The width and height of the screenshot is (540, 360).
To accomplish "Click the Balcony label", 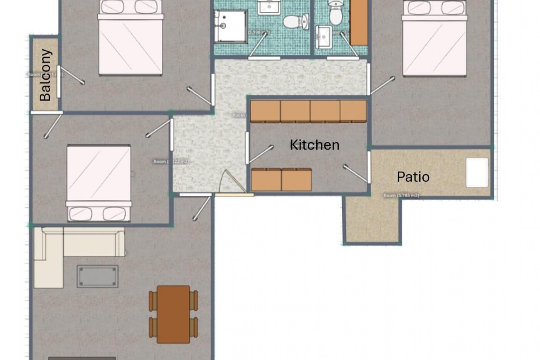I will tap(45, 75).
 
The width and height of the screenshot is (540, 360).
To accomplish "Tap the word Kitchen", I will tap(314, 145).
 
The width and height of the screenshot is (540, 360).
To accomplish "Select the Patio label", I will tap(413, 177).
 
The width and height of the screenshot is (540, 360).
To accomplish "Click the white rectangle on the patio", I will tap(477, 172).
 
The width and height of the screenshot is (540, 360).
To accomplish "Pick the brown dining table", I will tap(173, 314).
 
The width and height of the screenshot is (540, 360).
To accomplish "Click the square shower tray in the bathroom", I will tap(230, 26).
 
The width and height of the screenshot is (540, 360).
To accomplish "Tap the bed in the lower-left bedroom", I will tap(99, 183).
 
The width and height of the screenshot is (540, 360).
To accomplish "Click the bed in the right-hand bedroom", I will tap(434, 39).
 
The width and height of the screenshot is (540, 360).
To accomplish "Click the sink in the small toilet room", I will tap(323, 37).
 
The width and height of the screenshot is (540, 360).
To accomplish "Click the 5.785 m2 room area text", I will tap(401, 195).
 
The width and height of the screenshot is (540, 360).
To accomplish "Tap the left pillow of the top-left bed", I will tap(111, 7).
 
